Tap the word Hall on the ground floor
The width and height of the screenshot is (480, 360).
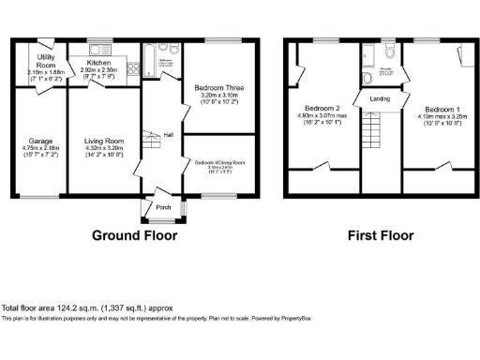tap(168, 135)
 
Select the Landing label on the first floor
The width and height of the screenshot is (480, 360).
tap(381, 97)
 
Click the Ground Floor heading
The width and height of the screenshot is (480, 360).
tap(134, 236)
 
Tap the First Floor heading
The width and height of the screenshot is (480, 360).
tap(380, 236)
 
